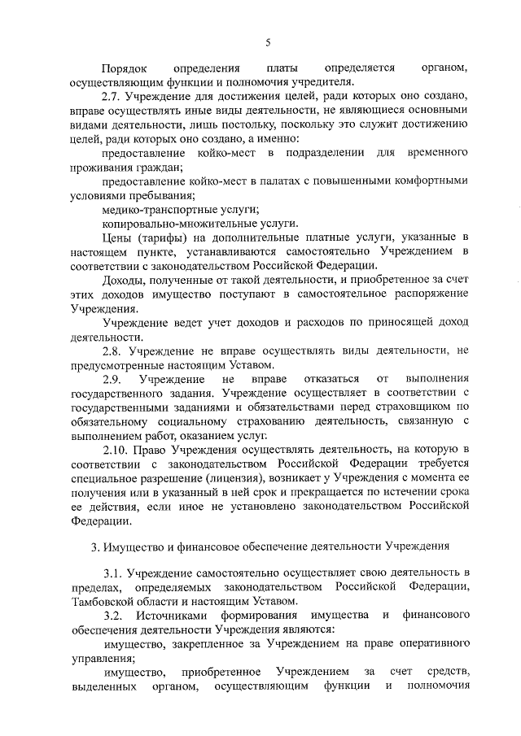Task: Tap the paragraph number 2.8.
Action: pos(114,351)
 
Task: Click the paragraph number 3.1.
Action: pos(114,574)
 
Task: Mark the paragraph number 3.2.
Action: pos(114,616)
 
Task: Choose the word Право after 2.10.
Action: pos(156,450)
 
